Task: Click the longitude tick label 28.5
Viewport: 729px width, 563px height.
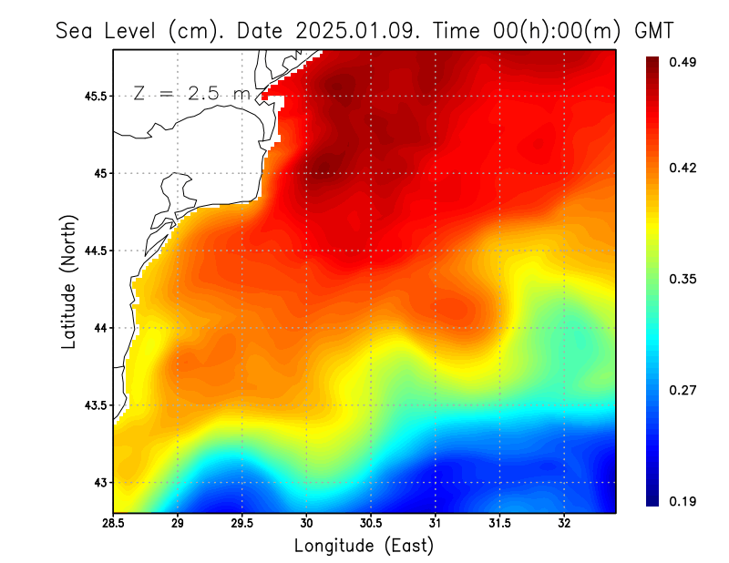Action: [113, 524]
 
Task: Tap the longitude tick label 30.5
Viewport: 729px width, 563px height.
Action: [371, 524]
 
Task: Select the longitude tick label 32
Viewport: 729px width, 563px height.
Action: [564, 524]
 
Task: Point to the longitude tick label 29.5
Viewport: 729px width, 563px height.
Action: [241, 524]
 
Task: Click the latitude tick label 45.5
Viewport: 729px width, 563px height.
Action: [93, 96]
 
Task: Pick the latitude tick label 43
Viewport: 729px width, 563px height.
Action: [98, 482]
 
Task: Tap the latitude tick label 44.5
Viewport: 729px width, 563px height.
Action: [93, 251]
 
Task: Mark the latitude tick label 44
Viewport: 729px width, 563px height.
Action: [98, 328]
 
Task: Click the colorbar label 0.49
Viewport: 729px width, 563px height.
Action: [683, 62]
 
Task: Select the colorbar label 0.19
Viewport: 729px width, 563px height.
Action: [683, 501]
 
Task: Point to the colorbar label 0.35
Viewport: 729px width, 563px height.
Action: [683, 279]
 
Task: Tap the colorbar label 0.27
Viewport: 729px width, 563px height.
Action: [683, 390]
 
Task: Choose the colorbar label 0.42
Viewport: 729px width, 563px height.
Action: [683, 168]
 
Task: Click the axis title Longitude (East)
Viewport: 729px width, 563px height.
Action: [364, 546]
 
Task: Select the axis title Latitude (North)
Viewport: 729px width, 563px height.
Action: [69, 281]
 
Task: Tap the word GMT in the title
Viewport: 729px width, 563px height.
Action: [653, 30]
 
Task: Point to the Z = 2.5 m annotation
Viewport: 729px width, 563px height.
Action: [191, 93]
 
